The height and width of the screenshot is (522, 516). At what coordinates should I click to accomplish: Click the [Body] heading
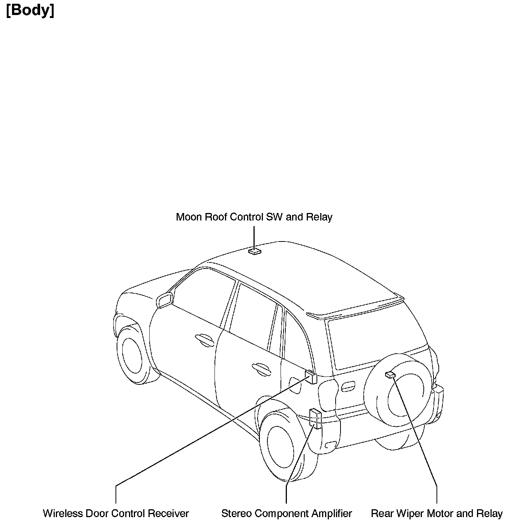30,10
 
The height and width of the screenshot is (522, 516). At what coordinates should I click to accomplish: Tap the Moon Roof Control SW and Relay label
254,217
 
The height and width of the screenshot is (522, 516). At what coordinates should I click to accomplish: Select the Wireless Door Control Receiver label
116,513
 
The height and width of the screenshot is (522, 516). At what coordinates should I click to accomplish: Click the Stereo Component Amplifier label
286,513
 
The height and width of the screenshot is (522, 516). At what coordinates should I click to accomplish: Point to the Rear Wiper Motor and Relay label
436,513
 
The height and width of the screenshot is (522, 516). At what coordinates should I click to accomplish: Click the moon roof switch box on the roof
255,251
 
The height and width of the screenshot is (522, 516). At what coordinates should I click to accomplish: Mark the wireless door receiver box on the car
311,377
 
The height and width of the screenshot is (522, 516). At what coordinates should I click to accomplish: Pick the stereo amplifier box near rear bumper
315,418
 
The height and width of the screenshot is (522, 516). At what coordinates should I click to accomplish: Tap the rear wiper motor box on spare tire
390,374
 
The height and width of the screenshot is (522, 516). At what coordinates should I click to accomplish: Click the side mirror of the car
165,300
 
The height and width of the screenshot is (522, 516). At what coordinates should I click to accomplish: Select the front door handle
204,339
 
